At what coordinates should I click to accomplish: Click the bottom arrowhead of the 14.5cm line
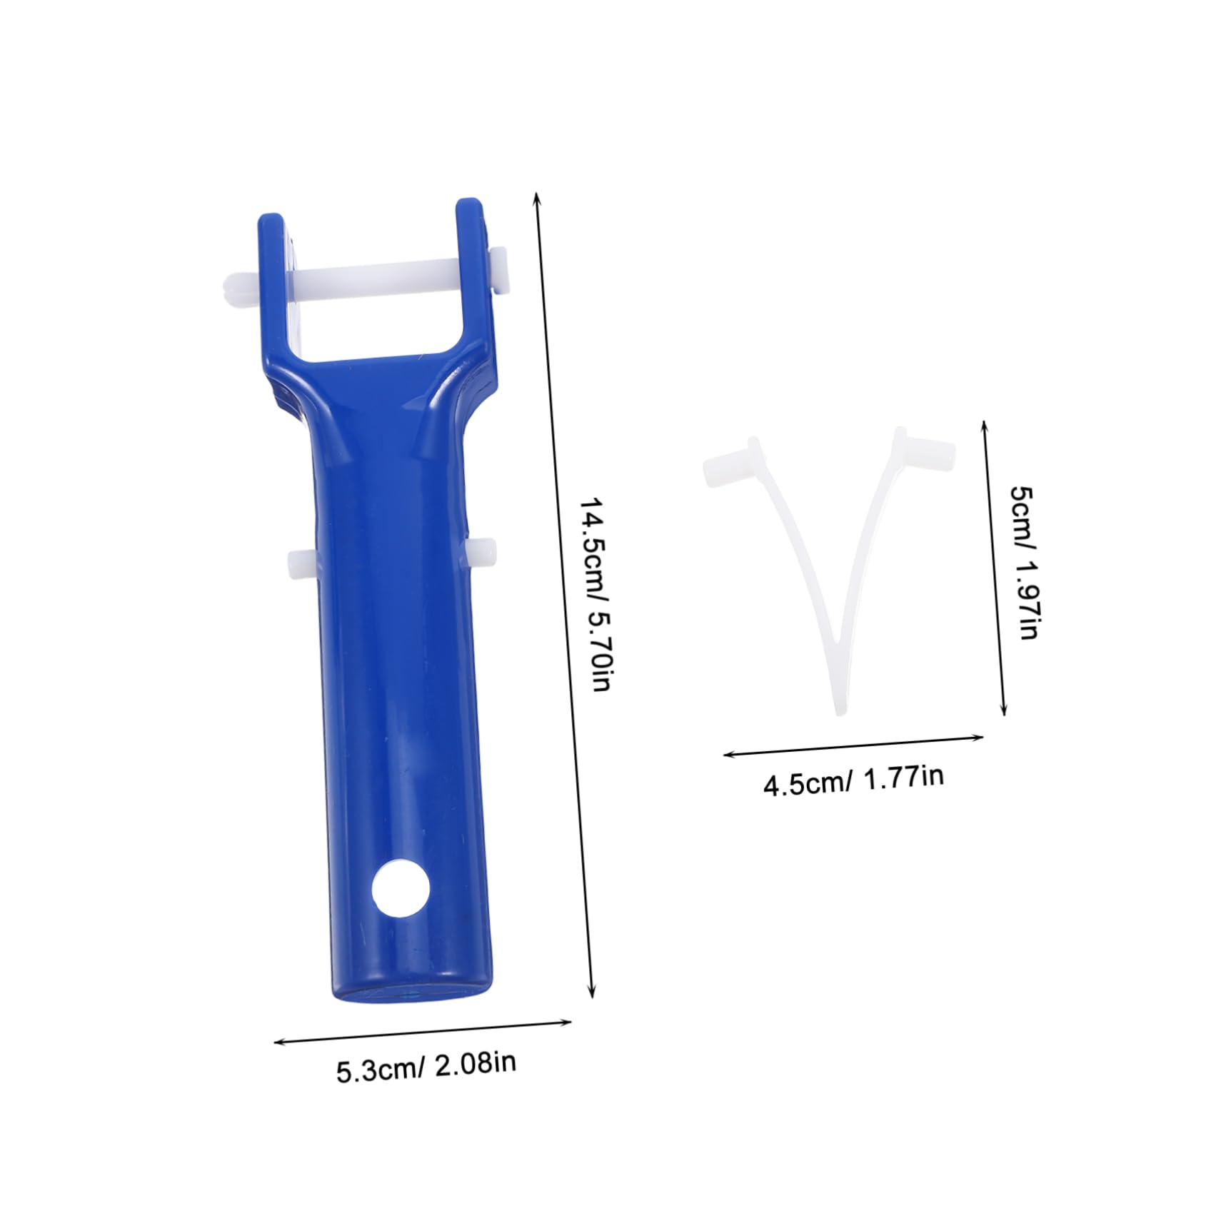click(x=591, y=995)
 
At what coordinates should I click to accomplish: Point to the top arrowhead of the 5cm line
click(x=985, y=424)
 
